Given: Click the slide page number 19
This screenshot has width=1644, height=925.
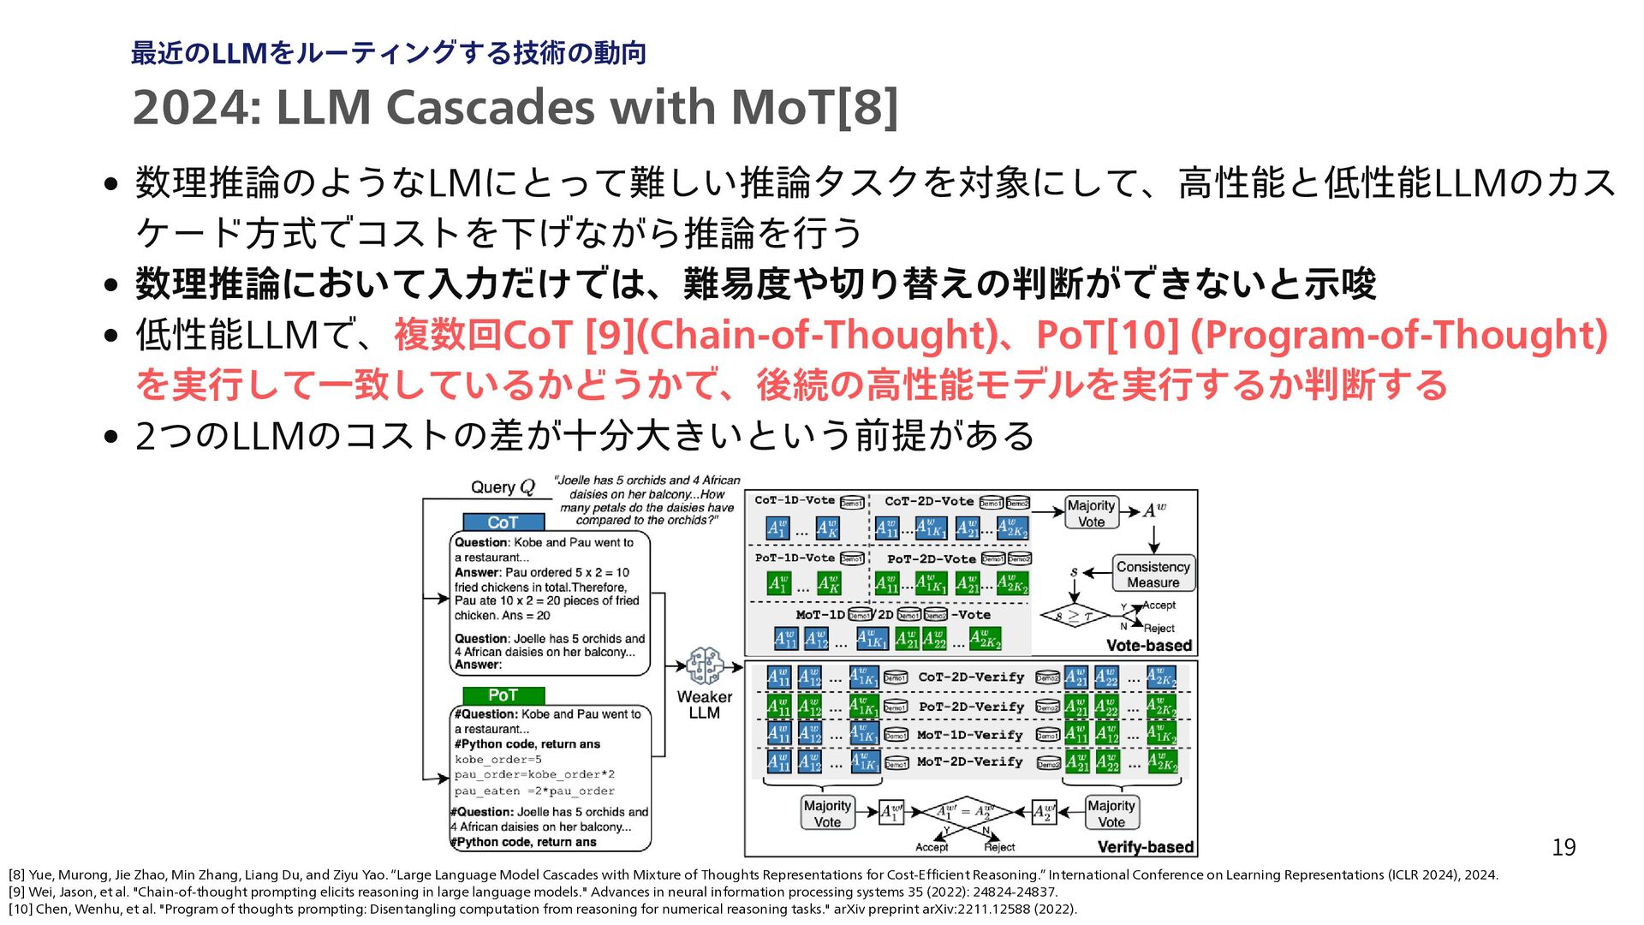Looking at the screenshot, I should (x=1564, y=847).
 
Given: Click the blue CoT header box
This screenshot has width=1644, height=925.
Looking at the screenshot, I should (x=503, y=522).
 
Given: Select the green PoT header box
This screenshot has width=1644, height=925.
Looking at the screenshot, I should (x=503, y=695).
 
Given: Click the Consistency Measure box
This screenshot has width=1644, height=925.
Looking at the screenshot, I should (x=1153, y=574).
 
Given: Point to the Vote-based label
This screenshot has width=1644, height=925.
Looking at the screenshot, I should (x=1148, y=645).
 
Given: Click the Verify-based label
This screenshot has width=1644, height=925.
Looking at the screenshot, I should (x=1145, y=847).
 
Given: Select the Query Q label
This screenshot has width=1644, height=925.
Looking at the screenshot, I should (x=503, y=487).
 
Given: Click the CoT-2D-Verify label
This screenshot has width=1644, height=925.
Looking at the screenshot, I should (x=971, y=677).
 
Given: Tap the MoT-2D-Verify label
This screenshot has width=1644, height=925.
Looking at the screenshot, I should (x=969, y=761).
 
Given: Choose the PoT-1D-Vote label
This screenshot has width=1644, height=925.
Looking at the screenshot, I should (x=795, y=558).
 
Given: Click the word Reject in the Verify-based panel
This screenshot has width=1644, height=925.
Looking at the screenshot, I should (x=999, y=847).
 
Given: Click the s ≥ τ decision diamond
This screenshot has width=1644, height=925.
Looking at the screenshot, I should (x=1074, y=616).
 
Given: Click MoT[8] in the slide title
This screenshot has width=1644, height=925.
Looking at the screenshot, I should (x=814, y=108).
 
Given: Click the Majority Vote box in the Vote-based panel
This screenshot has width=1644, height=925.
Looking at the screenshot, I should (x=1091, y=513).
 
